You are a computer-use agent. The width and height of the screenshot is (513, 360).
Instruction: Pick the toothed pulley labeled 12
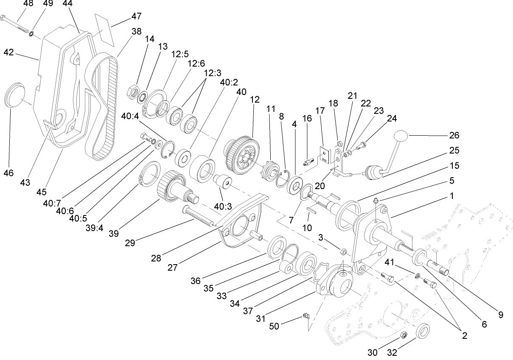pos(239,150)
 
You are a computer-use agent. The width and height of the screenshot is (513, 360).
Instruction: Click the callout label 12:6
pos(196,63)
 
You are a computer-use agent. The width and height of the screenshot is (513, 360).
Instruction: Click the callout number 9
pos(501,315)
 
